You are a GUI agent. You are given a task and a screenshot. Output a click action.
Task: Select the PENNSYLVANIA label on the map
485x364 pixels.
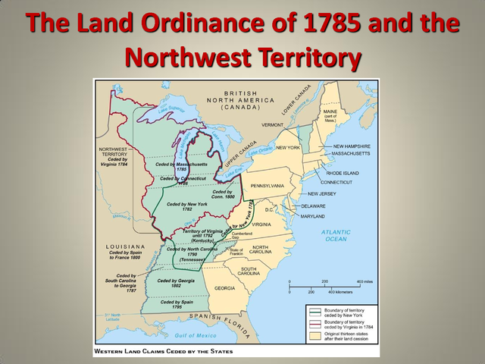point(261,185)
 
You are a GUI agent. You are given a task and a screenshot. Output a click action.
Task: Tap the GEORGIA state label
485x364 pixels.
point(224,288)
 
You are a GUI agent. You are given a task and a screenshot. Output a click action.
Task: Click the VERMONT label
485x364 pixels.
point(273,124)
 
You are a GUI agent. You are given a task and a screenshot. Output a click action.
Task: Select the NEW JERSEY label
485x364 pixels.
point(322,193)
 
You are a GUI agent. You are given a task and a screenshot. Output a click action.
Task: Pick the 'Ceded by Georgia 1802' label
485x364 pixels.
point(171,283)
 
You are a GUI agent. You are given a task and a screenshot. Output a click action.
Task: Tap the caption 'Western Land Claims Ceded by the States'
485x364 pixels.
point(164,352)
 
